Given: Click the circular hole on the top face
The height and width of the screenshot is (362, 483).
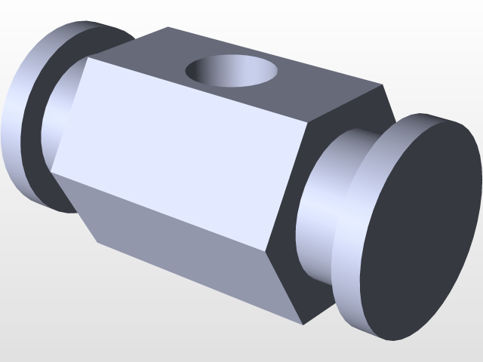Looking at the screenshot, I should [x=231, y=71].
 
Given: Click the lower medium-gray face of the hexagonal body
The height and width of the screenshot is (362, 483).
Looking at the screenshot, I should [x=189, y=241].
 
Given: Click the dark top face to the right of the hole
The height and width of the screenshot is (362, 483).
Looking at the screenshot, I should [x=317, y=83].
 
